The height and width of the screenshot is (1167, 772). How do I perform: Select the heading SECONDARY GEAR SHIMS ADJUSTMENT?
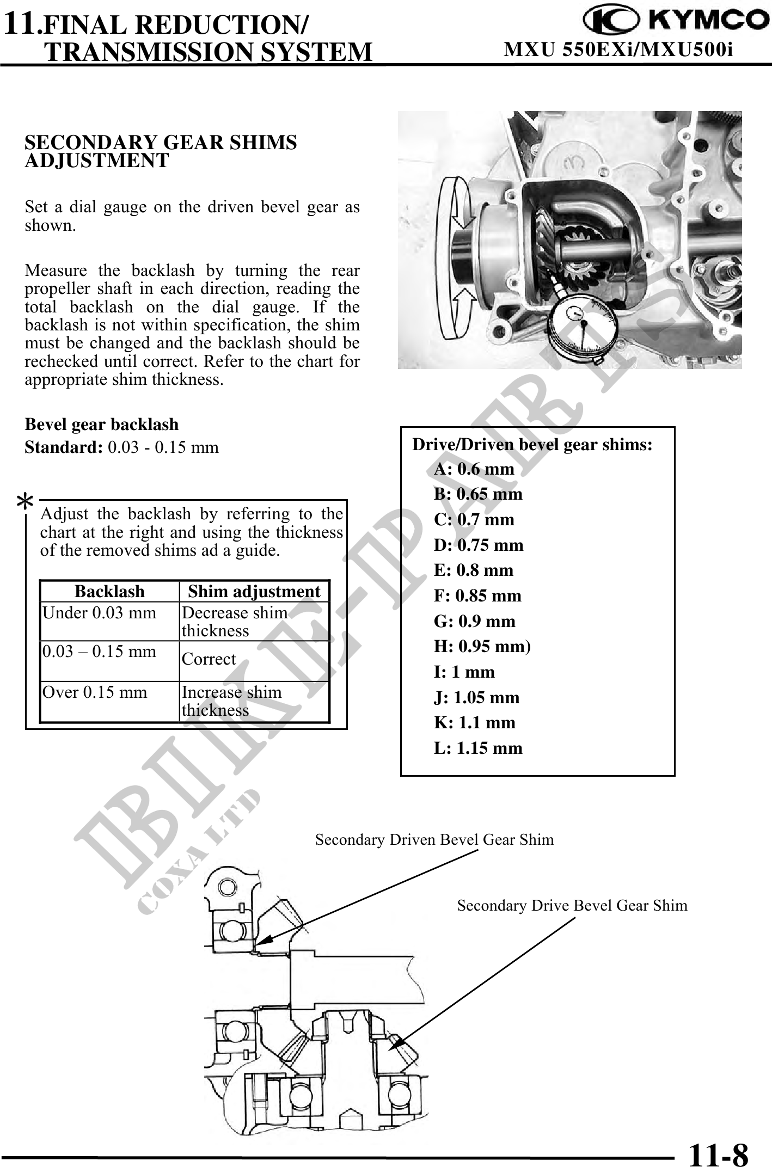click(161, 151)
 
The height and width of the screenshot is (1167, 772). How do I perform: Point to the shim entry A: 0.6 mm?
click(474, 469)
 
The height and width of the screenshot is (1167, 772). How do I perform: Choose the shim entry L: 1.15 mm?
click(477, 748)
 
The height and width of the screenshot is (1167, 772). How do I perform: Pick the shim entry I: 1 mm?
click(464, 672)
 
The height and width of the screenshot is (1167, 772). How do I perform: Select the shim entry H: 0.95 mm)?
click(482, 646)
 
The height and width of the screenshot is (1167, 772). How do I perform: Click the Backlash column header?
click(109, 591)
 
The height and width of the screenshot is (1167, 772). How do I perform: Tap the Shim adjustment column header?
click(254, 591)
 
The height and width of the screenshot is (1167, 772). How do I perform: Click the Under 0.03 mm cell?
click(99, 613)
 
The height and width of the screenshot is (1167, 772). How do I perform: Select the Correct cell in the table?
click(209, 659)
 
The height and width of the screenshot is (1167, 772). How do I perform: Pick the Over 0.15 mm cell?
click(95, 692)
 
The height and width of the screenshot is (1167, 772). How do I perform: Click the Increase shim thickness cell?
click(232, 701)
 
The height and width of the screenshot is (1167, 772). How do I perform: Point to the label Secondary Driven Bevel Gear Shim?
click(434, 840)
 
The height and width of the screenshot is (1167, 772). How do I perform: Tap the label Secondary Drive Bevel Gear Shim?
click(572, 906)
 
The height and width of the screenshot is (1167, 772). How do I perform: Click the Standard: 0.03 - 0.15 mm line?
click(122, 447)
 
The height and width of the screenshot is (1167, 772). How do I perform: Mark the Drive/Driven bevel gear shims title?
click(532, 445)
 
